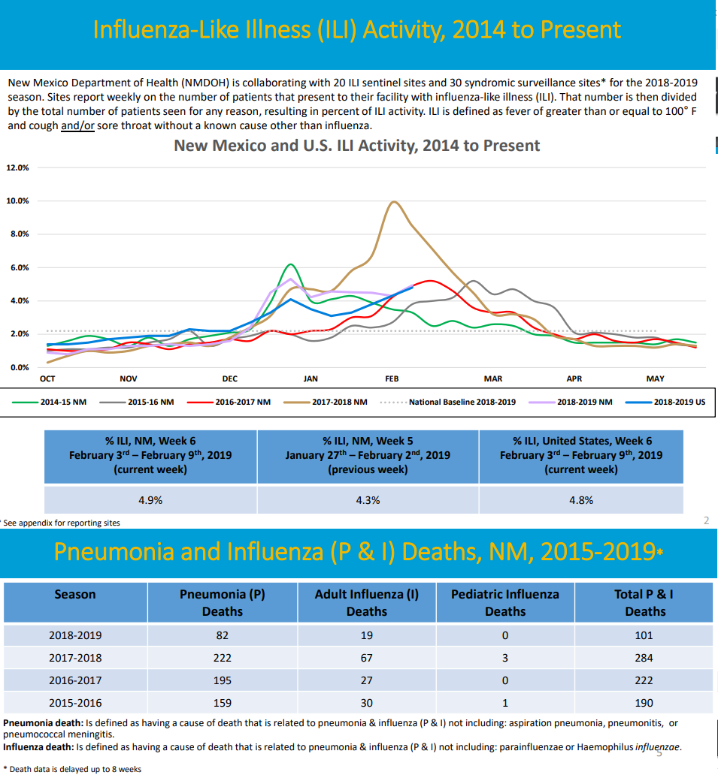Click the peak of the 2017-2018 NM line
(x=393, y=202)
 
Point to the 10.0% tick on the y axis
(x=18, y=201)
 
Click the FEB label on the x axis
(x=392, y=379)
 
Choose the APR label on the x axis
(x=574, y=379)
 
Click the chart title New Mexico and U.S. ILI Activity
(x=356, y=145)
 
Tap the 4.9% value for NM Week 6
(x=150, y=500)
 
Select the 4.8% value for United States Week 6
(x=581, y=500)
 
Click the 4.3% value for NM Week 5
(x=368, y=500)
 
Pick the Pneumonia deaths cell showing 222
(x=222, y=658)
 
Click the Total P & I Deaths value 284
(x=644, y=658)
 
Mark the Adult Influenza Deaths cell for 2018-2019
(x=366, y=635)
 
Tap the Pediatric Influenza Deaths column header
(x=504, y=602)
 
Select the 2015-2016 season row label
(x=75, y=704)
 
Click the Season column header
(x=75, y=594)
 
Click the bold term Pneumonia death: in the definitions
(x=44, y=722)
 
